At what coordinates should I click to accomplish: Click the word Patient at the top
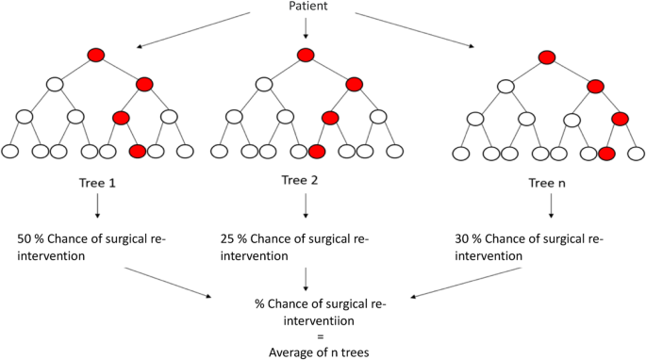[306, 8]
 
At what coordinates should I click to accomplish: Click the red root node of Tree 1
[95, 55]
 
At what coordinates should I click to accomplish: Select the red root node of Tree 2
[305, 55]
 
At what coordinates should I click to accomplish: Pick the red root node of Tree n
[547, 57]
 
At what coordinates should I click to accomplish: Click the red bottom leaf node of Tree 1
[138, 151]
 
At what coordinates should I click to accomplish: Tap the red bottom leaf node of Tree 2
[317, 151]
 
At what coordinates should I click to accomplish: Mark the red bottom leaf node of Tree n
[606, 153]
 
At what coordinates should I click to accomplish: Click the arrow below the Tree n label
[551, 207]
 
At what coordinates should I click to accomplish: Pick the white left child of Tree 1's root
[55, 86]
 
